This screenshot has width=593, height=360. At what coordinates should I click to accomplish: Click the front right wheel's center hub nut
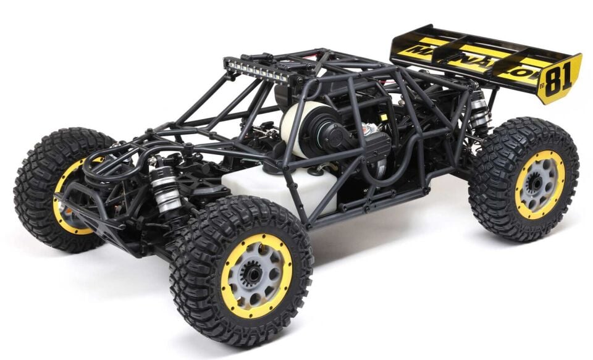pos(253,273)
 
